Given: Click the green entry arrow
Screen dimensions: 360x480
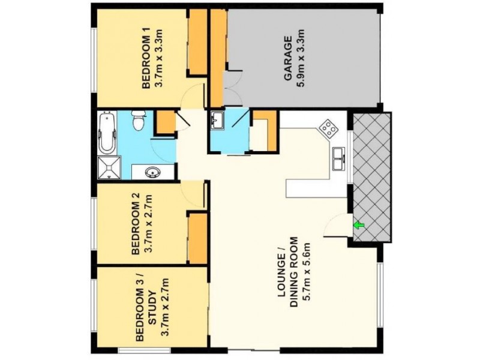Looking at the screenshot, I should pos(359,226).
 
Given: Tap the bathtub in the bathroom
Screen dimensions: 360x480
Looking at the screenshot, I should pos(107,131).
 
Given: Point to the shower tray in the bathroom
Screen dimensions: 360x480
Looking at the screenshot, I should pos(109,167).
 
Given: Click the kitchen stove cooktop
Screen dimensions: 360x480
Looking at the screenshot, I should pos(328,128).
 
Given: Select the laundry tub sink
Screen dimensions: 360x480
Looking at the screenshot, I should pos(217,122).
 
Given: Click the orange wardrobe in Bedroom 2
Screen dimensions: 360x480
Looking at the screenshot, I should pos(196,238).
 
